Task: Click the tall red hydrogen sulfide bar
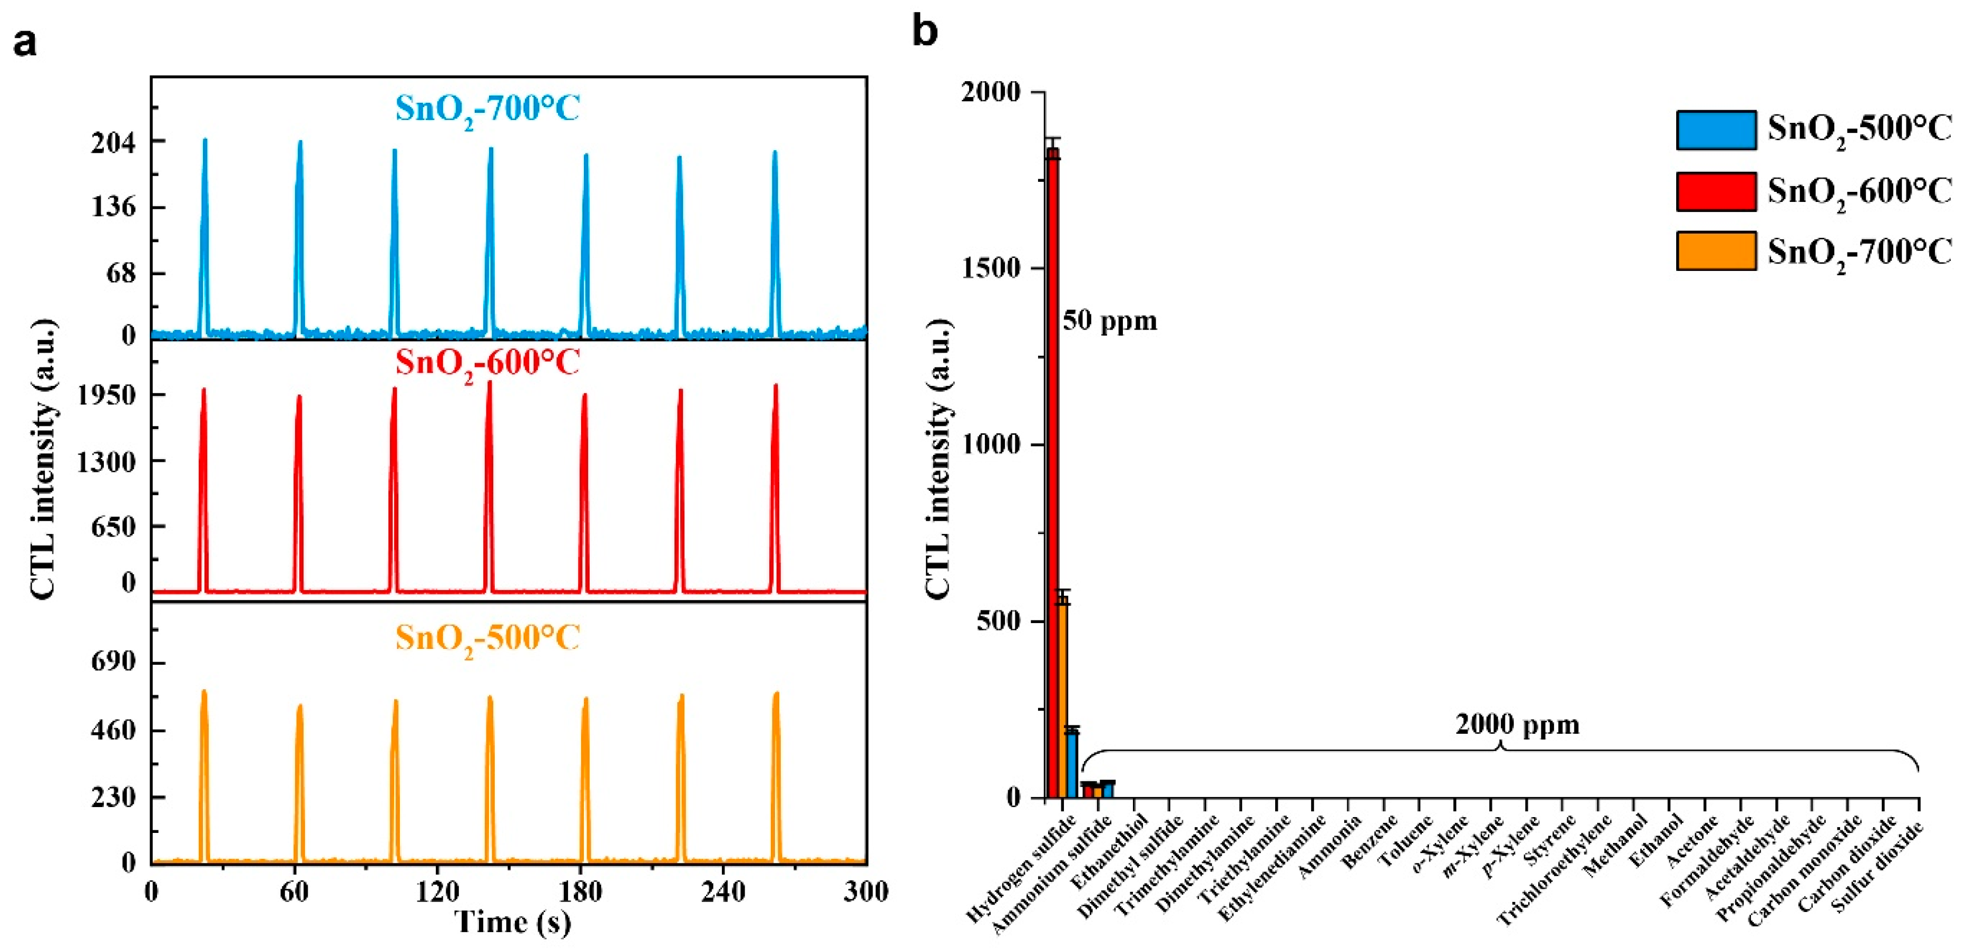[1053, 473]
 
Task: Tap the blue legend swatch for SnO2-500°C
[1716, 130]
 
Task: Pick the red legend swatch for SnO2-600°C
[1716, 191]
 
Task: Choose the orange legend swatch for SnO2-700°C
[1716, 251]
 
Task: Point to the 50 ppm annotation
[1110, 321]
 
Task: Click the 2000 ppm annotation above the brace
[1517, 724]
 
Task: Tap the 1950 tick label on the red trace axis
[107, 395]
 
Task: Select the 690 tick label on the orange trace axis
[113, 662]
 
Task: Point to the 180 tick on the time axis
[580, 891]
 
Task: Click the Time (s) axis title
[513, 922]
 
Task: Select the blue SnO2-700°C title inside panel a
[487, 109]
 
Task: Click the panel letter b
[925, 32]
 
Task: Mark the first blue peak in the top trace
[204, 229]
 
